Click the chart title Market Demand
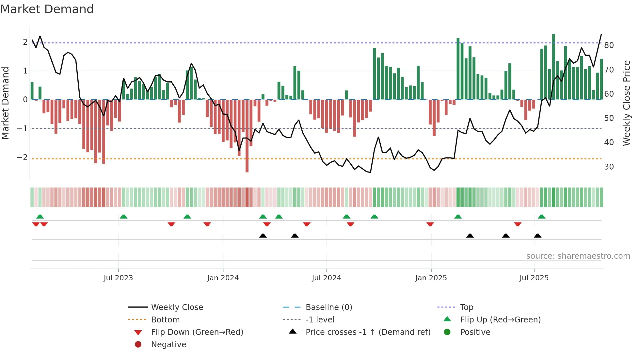pyautogui.click(x=47, y=9)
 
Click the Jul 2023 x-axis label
pyautogui.click(x=118, y=278)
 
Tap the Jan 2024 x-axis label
pyautogui.click(x=223, y=278)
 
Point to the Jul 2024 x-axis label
pyautogui.click(x=326, y=278)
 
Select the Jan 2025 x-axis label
pyautogui.click(x=431, y=278)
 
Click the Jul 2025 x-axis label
pyautogui.click(x=534, y=278)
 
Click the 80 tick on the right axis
pyautogui.click(x=609, y=45)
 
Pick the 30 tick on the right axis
pyautogui.click(x=609, y=167)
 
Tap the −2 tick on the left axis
pyautogui.click(x=22, y=157)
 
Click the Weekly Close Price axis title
pyautogui.click(x=626, y=103)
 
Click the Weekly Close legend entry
pyautogui.click(x=177, y=307)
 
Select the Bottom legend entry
pyautogui.click(x=165, y=320)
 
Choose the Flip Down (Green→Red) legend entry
pyautogui.click(x=197, y=332)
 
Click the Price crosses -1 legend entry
pyautogui.click(x=368, y=332)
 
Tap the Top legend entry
pyautogui.click(x=467, y=307)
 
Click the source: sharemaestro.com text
pyautogui.click(x=578, y=256)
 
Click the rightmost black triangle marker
pyautogui.click(x=537, y=236)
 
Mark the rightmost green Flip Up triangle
pyautogui.click(x=541, y=217)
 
